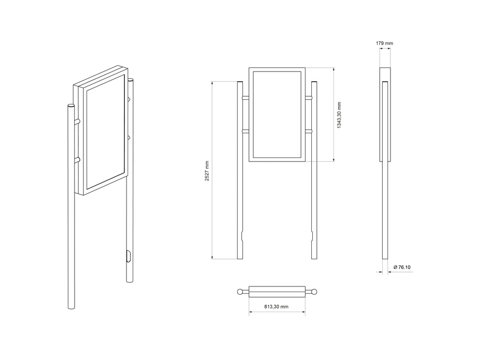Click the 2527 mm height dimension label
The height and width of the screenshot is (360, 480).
point(206,170)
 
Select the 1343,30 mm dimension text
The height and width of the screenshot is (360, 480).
point(339,115)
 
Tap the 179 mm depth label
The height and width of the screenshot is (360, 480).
point(385,44)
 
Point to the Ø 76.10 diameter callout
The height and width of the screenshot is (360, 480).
point(402,267)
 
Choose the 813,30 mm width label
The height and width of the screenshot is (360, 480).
point(276,306)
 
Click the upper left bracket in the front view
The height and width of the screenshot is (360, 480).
point(245,97)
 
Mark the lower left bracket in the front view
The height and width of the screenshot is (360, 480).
point(245,132)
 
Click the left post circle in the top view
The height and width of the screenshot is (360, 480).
point(240,292)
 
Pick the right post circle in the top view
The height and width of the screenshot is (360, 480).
point(314,292)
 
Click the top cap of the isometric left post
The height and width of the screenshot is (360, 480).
point(71,106)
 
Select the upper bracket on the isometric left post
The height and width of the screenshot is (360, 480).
point(77,121)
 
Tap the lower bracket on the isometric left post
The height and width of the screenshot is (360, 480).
point(77,160)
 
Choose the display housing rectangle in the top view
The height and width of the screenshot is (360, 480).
point(277,292)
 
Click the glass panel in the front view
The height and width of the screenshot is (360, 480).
point(277,115)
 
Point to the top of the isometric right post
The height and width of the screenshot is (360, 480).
point(130,80)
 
